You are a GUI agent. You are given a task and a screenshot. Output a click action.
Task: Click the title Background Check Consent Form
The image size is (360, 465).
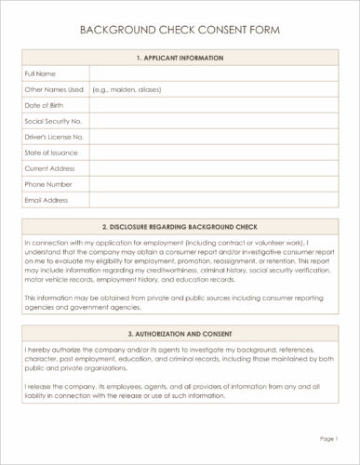[x=180, y=30]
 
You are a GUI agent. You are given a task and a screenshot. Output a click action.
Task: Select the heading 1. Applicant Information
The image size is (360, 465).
[x=180, y=58]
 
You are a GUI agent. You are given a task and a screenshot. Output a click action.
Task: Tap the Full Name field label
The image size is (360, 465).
[x=39, y=73]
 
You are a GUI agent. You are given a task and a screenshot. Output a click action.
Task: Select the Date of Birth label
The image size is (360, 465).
[x=44, y=105]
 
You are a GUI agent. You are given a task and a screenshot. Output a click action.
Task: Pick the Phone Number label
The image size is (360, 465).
[x=47, y=184]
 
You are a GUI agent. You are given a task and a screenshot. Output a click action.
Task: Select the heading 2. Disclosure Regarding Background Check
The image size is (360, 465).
[x=180, y=226]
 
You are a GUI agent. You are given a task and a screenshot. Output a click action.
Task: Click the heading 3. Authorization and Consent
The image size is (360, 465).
[x=180, y=333]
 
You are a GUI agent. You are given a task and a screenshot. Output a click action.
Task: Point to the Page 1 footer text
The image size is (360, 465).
[x=327, y=437]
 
